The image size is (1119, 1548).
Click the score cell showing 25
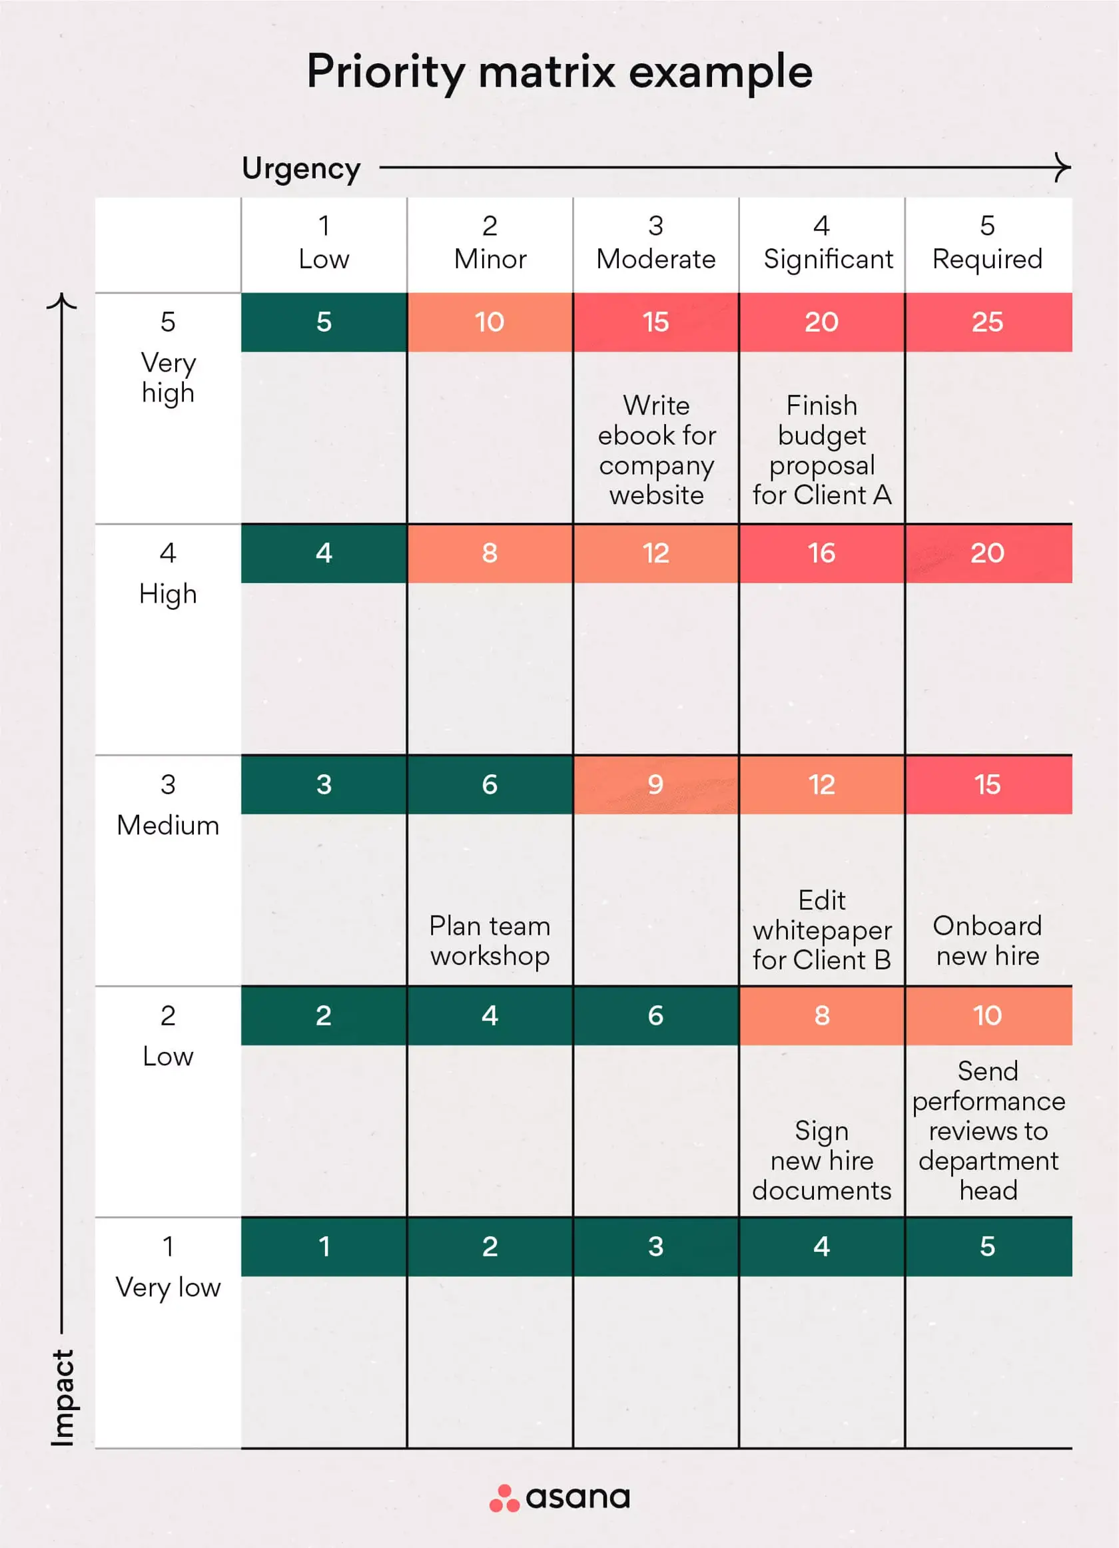tap(987, 322)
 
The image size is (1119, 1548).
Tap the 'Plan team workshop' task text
tap(490, 941)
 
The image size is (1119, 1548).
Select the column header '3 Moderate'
tap(655, 243)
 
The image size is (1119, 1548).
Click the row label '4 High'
tap(168, 574)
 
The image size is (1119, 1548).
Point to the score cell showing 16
tap(821, 553)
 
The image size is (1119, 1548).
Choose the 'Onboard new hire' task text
tap(987, 941)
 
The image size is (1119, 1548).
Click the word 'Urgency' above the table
tap(301, 168)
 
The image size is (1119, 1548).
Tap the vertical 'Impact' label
tap(63, 1397)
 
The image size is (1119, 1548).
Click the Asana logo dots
tap(504, 1498)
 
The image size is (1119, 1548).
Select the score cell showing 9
tap(655, 784)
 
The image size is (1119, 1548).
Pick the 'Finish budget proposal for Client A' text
tap(821, 450)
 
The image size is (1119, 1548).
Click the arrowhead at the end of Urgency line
tap(1063, 167)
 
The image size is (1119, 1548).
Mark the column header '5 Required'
tap(987, 243)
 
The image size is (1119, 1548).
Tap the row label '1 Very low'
tap(168, 1268)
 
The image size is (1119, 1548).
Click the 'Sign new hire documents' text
tap(821, 1161)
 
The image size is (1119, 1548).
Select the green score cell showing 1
tap(324, 1246)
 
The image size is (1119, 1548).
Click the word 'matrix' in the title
tap(547, 71)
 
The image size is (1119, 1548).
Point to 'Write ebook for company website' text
tap(656, 450)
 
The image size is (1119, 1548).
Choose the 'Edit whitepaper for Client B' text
tap(821, 929)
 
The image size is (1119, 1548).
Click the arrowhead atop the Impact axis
tap(62, 301)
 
